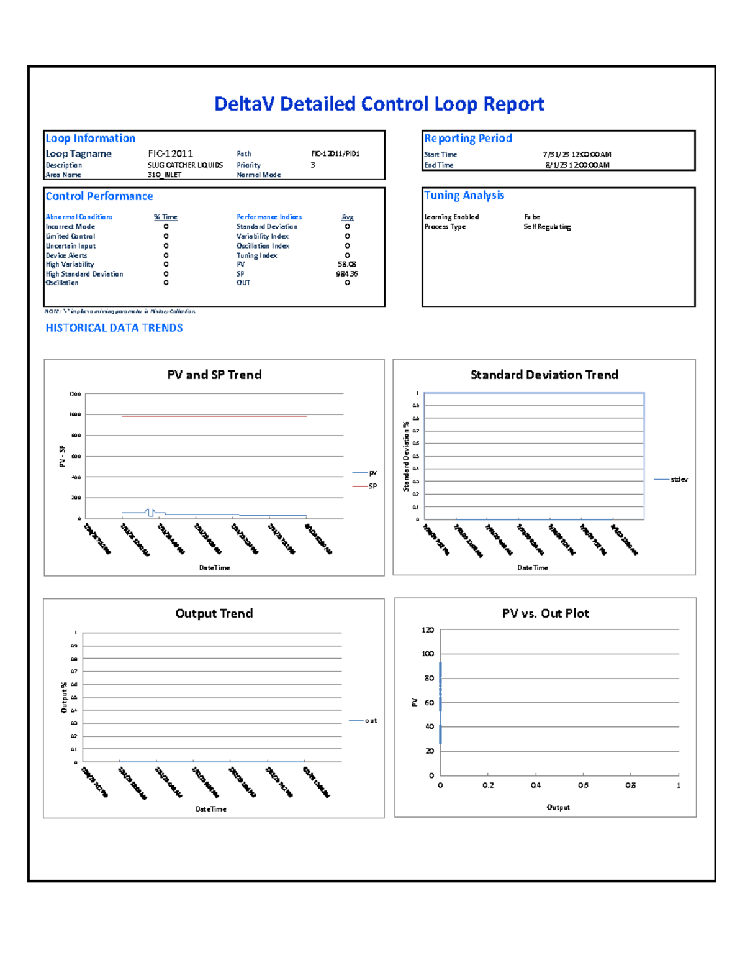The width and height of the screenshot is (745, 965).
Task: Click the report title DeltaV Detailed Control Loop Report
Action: [x=379, y=104]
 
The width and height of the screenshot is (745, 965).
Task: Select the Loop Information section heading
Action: [x=91, y=139]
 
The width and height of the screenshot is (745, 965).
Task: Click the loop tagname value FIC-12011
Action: [x=170, y=153]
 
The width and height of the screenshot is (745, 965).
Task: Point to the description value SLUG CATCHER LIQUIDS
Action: [x=185, y=165]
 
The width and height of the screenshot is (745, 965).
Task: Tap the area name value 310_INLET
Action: [x=165, y=175]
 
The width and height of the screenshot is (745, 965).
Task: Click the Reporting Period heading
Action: [x=468, y=139]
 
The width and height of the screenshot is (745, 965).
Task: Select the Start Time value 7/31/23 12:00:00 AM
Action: [x=577, y=155]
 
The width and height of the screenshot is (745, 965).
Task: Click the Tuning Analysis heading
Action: [x=464, y=196]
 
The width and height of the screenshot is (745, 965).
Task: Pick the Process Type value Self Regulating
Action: [x=547, y=227]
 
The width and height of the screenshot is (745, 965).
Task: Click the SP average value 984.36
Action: [x=346, y=274]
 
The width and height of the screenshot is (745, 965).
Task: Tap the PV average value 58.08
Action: [x=346, y=264]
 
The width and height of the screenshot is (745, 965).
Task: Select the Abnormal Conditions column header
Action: [x=79, y=217]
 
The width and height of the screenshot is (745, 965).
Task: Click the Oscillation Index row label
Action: [x=263, y=246]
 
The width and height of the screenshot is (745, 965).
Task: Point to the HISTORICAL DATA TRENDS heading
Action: [x=114, y=328]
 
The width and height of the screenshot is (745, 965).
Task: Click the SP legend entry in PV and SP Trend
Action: [x=372, y=487]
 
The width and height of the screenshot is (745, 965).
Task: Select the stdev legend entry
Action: [x=679, y=480]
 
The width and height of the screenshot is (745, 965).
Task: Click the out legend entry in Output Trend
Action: [x=371, y=721]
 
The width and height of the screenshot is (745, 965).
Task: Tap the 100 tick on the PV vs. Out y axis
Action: [x=428, y=654]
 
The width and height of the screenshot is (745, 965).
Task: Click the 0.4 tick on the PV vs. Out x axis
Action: [x=536, y=785]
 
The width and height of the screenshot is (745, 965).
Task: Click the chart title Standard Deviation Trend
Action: [x=544, y=375]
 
